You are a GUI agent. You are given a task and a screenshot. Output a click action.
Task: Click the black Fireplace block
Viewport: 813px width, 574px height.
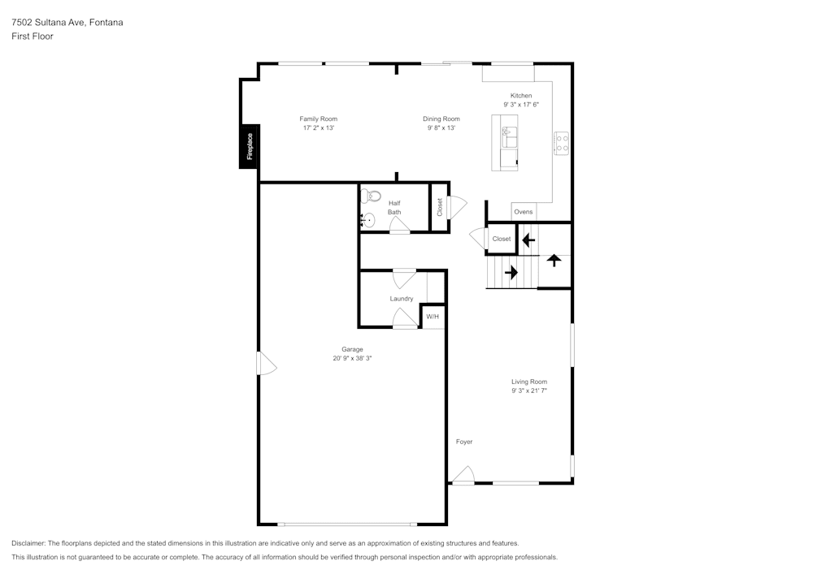point(249,147)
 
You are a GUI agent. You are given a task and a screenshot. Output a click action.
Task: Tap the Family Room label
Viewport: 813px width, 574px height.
point(318,119)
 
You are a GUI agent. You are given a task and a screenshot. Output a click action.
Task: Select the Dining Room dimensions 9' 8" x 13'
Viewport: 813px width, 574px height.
point(441,127)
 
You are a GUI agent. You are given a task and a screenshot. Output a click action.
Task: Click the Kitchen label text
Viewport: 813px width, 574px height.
point(521,96)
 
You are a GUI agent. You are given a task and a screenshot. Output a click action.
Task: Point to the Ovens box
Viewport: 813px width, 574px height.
point(524,212)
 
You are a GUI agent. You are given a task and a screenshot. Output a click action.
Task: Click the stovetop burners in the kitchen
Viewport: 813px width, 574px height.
point(561,143)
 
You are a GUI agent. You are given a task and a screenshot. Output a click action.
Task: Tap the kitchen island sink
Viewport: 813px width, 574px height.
point(509,134)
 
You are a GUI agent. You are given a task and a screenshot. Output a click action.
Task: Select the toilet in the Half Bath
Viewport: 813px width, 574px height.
point(371,195)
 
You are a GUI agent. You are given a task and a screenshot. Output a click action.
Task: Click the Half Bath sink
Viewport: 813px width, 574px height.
point(367,219)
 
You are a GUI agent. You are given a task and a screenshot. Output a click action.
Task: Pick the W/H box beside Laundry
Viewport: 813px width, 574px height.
point(433,316)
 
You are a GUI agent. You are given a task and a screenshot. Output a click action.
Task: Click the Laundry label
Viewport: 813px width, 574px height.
point(402,299)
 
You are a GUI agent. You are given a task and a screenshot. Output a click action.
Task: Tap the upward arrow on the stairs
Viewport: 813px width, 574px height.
point(554,261)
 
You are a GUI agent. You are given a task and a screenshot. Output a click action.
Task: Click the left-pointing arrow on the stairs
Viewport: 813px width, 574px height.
point(528,240)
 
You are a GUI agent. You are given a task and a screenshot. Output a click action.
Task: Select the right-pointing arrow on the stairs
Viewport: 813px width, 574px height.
point(511,272)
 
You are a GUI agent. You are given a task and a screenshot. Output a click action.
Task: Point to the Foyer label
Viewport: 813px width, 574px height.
point(463,442)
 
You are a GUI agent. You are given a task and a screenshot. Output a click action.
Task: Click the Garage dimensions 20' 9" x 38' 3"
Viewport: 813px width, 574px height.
point(352,358)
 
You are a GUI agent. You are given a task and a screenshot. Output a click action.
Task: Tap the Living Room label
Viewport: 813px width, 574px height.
point(528,382)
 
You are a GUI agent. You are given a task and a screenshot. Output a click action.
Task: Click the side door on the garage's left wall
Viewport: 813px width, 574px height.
point(266,364)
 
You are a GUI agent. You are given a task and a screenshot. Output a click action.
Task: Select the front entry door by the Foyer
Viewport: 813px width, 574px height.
point(463,475)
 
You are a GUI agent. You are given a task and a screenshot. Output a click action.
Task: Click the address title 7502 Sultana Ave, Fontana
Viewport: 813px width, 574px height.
point(67,23)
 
